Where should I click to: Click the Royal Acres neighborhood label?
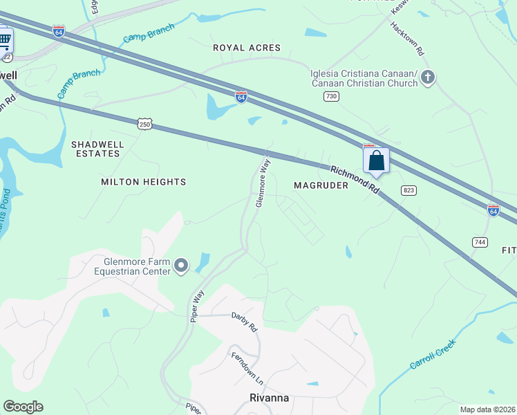pyautogui.click(x=247, y=48)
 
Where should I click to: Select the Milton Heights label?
pyautogui.click(x=144, y=182)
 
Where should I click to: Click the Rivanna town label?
pyautogui.click(x=269, y=398)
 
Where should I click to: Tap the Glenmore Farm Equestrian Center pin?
pyautogui.click(x=181, y=265)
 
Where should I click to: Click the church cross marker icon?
pyautogui.click(x=428, y=77)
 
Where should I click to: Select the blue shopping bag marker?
pyautogui.click(x=376, y=160)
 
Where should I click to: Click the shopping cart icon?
pyautogui.click(x=5, y=39)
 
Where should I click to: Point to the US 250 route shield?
pyautogui.click(x=144, y=124)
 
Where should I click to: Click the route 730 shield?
pyautogui.click(x=331, y=97)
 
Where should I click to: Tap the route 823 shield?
pyautogui.click(x=407, y=190)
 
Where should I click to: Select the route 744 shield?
pyautogui.click(x=480, y=241)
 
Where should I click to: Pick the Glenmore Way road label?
pyautogui.click(x=262, y=183)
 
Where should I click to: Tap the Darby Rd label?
pyautogui.click(x=245, y=321)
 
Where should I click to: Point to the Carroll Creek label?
pyautogui.click(x=433, y=354)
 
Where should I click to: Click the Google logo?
pyautogui.click(x=23, y=407)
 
